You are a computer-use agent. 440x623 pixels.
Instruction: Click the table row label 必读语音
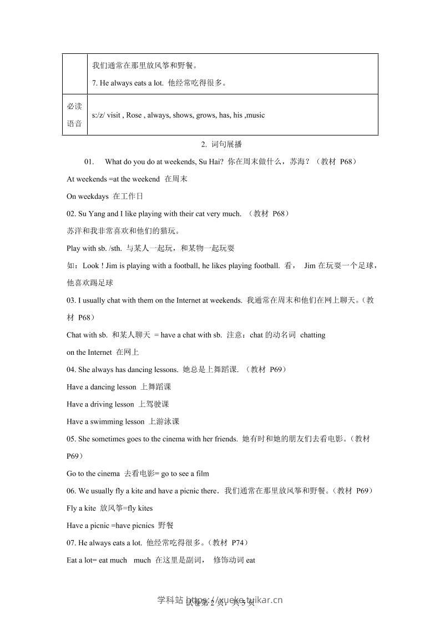point(74,115)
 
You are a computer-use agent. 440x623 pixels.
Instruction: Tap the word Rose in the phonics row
point(134,115)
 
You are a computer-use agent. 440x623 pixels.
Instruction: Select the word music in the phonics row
point(255,115)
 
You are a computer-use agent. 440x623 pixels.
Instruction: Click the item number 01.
point(90,162)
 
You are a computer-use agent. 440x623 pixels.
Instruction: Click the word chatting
point(312,335)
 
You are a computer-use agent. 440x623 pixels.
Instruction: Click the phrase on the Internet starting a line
point(89,352)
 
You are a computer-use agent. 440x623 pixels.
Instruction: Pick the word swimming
point(108,421)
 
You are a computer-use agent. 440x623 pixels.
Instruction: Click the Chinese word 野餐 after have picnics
point(166,525)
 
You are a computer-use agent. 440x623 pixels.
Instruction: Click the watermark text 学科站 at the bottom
point(170,600)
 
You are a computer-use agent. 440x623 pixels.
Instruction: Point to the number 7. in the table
point(95,83)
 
